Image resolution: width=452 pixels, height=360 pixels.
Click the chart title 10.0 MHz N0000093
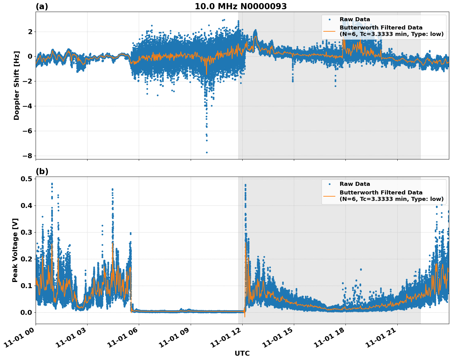pos(240,6)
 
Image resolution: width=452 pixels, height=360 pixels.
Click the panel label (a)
pos(42,6)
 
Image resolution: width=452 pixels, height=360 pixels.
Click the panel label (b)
pos(42,171)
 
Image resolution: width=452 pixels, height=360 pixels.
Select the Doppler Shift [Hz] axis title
pos(17,85)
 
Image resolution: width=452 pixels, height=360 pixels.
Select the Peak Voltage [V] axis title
pos(15,250)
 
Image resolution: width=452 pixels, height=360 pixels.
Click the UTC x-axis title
pos(242,353)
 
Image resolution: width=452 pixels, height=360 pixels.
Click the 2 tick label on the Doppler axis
pos(30,32)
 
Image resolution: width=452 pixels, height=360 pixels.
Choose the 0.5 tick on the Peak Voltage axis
pos(27,179)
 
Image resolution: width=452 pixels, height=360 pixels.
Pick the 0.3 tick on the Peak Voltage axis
pos(27,232)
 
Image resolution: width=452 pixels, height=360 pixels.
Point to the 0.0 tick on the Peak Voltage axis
pos(27,312)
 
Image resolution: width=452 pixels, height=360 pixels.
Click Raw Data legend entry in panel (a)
pos(355,19)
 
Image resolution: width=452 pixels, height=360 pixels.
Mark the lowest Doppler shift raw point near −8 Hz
pos(207,152)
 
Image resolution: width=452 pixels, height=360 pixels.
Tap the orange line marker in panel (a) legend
pos(329,31)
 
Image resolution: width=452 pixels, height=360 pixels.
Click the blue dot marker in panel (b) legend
pos(329,184)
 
